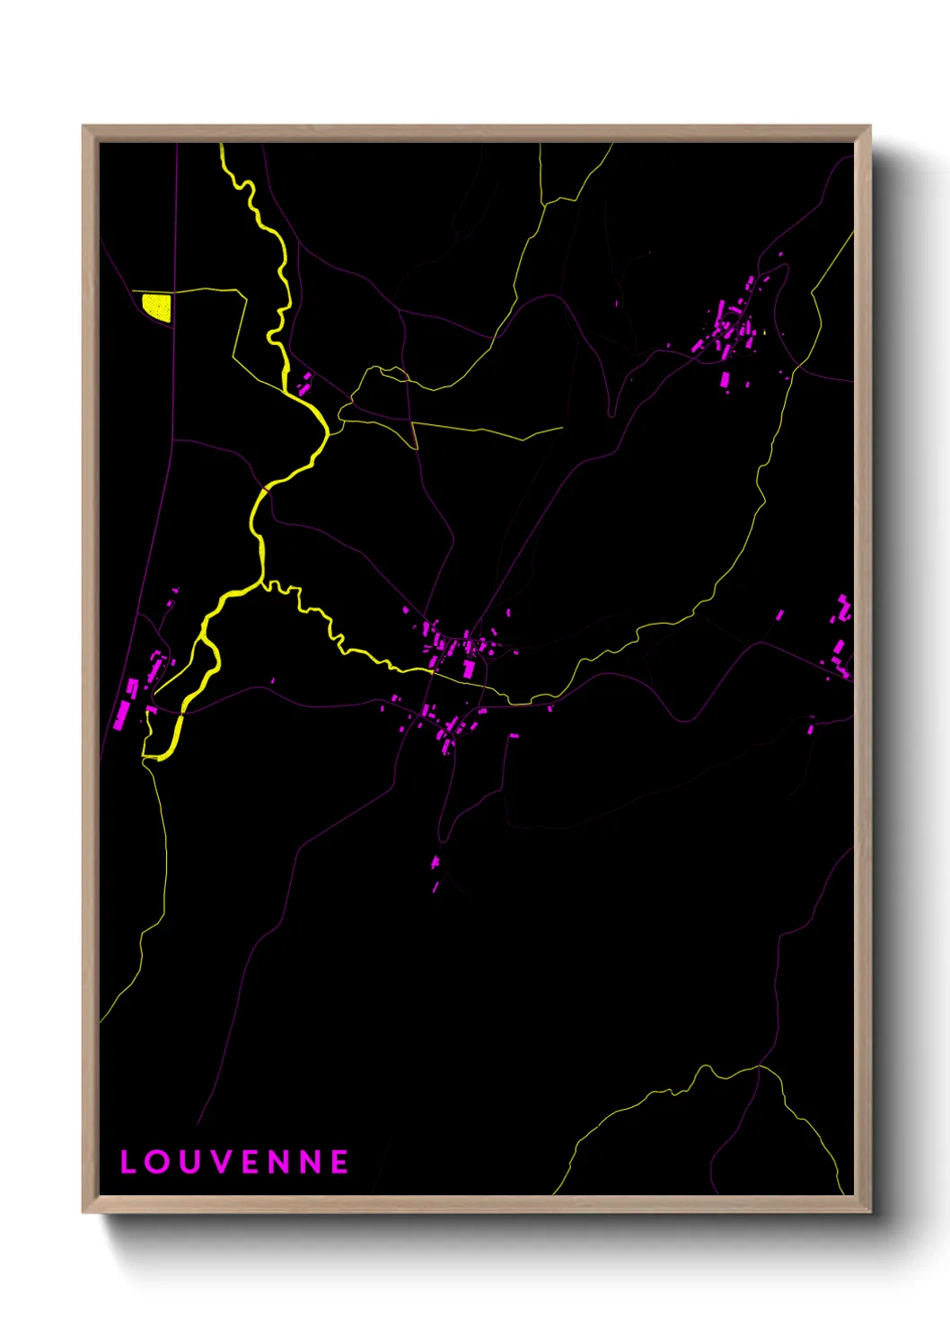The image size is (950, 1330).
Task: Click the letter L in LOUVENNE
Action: tap(128, 1162)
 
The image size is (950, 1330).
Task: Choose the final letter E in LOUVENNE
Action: tap(339, 1162)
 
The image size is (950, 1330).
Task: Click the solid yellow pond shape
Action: tap(157, 306)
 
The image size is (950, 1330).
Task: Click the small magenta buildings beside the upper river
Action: tap(304, 383)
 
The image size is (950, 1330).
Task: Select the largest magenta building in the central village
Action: tap(469, 669)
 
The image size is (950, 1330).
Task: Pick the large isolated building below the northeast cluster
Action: tap(726, 378)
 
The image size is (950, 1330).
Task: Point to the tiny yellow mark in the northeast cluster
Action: tap(763, 333)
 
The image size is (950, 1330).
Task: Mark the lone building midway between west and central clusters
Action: tap(272, 681)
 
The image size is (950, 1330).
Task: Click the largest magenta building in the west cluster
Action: tap(122, 715)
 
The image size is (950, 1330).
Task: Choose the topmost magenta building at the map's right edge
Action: tap(843, 600)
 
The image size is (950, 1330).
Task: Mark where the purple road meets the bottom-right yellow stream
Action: tap(760, 1067)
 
